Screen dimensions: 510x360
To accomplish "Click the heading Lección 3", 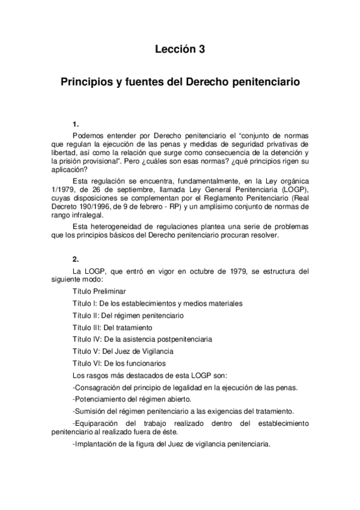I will (180, 50).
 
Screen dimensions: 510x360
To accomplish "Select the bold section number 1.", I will (75, 125).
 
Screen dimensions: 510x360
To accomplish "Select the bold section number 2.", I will (75, 259).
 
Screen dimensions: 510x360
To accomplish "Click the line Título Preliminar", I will (99, 292).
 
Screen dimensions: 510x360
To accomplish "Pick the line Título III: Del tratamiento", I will (112, 328).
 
